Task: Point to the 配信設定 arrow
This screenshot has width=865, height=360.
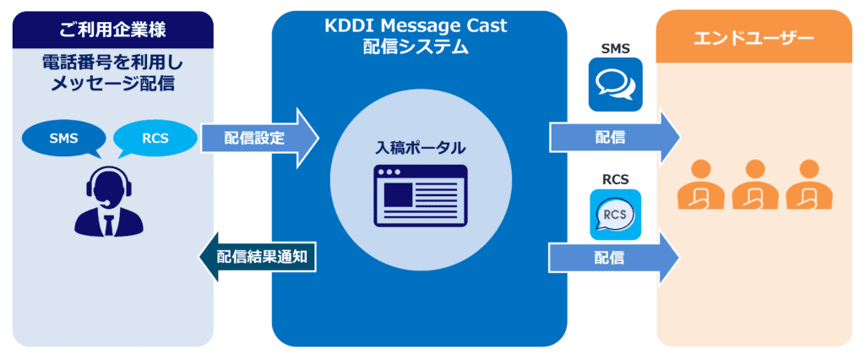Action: [258, 138]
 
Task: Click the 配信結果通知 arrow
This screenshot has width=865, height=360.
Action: [258, 257]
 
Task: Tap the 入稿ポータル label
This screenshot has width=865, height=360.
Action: [420, 147]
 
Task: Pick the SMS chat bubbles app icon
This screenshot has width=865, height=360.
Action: [615, 85]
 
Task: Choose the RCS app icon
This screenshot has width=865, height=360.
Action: [615, 216]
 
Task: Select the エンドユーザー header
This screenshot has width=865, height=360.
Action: [753, 37]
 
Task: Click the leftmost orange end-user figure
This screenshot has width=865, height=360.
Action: [702, 186]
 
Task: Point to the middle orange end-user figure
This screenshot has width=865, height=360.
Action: [754, 186]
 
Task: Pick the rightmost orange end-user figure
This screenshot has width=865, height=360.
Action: [808, 186]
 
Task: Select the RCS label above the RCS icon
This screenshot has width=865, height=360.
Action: [615, 179]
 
